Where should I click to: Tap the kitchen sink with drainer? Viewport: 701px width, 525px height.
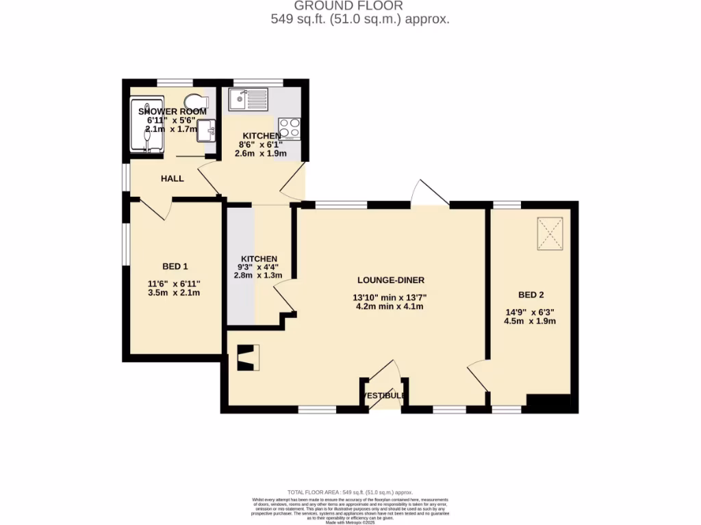(x=248, y=100)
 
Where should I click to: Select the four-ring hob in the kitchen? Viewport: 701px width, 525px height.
(x=290, y=128)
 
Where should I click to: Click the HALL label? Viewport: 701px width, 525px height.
(x=172, y=178)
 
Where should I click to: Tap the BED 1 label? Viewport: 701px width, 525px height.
(x=175, y=266)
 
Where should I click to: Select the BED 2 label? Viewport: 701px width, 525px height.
(x=531, y=295)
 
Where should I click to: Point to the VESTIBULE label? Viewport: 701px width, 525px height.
(x=385, y=396)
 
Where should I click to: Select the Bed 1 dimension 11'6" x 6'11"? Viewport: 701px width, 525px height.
(x=174, y=284)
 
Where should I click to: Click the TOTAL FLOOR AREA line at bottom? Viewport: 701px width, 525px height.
(x=350, y=492)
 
